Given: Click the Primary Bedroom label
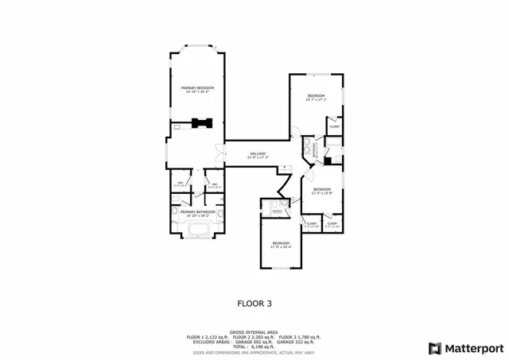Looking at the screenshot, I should coord(198,88).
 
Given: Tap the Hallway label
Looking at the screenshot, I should coord(257,154).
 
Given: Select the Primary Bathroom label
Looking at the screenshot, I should coord(198,212).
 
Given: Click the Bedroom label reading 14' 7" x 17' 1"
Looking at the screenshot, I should coord(317,97).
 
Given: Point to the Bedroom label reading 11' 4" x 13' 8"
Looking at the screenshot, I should coord(321,190).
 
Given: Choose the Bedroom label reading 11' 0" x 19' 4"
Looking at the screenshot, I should coord(282,244).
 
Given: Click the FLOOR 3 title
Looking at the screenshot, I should coord(254,303).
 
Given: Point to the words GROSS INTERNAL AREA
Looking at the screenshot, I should coord(254,332).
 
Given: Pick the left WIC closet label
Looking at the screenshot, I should coord(181,184).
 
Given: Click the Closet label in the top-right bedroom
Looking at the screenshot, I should coord(335,126).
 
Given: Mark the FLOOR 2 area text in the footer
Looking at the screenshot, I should coord(255,337).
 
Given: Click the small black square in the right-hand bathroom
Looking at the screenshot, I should coord(327,161).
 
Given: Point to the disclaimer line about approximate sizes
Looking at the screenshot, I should coord(254,351).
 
